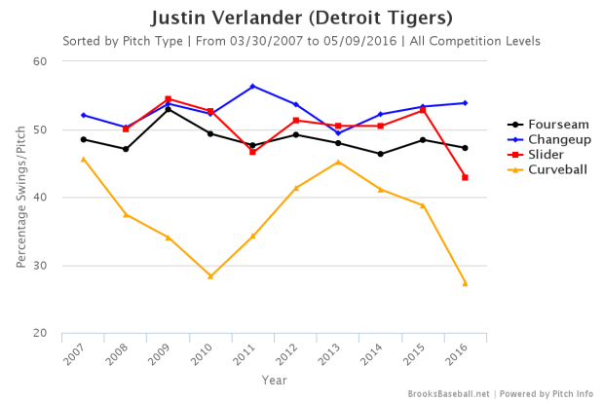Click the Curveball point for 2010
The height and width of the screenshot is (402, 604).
(x=210, y=276)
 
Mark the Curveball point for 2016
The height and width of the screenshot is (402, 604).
(x=465, y=283)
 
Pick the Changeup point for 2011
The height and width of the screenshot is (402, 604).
(x=253, y=87)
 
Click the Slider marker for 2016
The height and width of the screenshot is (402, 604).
(x=465, y=177)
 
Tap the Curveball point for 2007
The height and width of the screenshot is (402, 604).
(x=84, y=159)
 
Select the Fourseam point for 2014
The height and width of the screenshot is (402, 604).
(x=380, y=154)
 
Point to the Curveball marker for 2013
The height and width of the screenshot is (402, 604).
(x=338, y=162)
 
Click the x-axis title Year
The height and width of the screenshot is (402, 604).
(x=274, y=380)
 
